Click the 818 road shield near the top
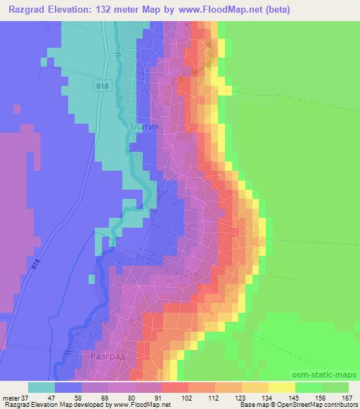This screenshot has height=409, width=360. [x=102, y=84]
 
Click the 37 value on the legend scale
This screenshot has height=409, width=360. [x=26, y=397]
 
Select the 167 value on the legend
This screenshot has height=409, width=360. [x=348, y=397]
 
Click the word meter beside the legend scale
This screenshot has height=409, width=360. [x=11, y=397]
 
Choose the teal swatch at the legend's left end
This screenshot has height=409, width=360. [x=41, y=387]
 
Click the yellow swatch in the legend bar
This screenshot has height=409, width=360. [x=281, y=387]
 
